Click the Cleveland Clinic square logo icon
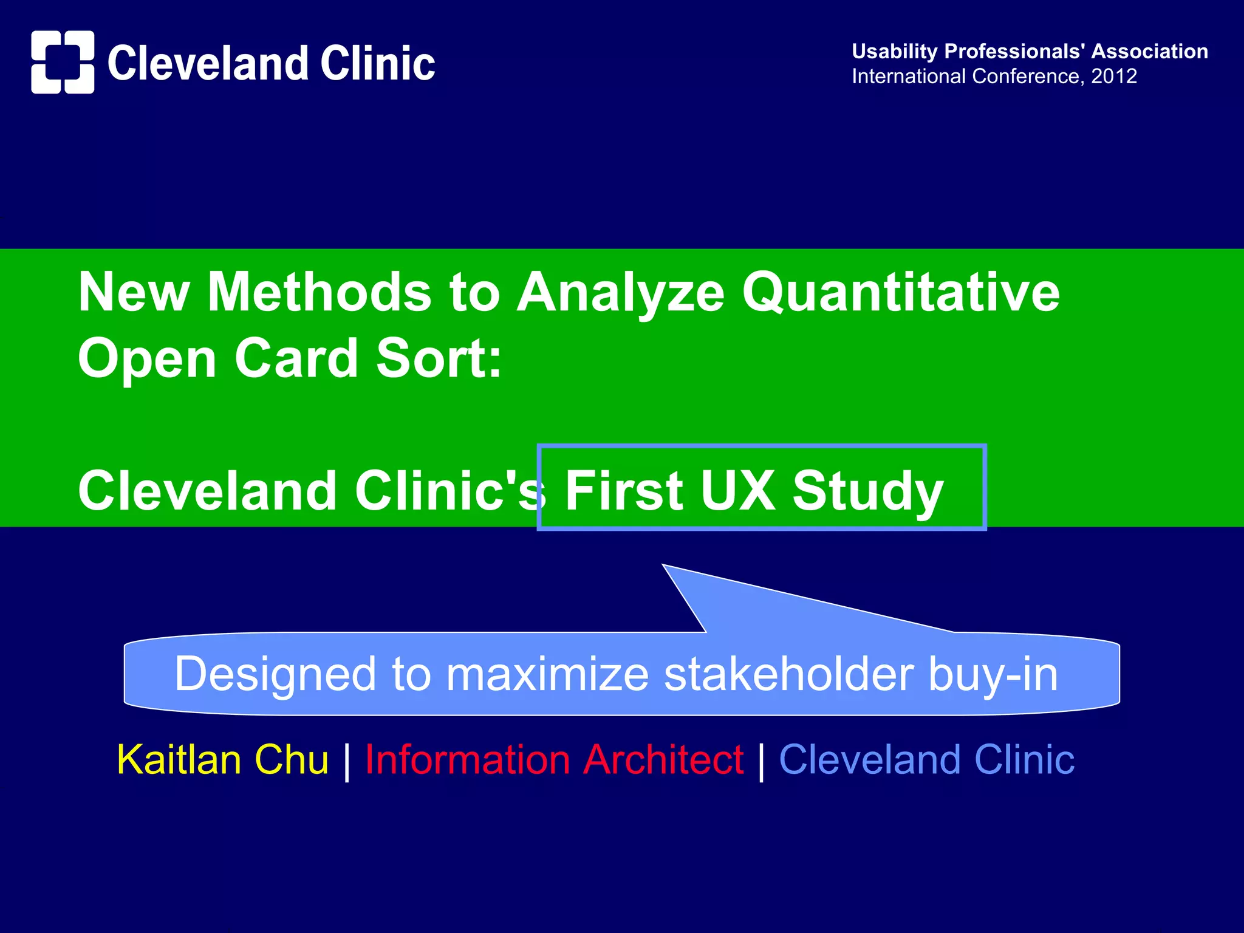click(63, 62)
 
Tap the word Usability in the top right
click(895, 52)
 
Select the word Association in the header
click(1149, 52)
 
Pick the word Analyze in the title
click(620, 293)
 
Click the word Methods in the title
click(319, 293)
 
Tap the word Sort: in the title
click(439, 358)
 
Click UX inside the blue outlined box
click(737, 490)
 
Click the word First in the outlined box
click(624, 490)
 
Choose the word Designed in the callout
click(275, 674)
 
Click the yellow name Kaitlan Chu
click(222, 760)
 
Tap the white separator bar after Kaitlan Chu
click(347, 761)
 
